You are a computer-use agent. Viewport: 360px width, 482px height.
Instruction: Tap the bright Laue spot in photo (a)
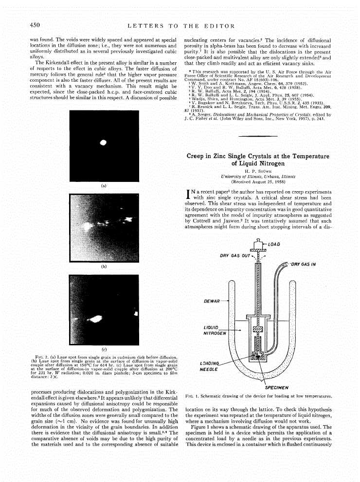click(x=103, y=143)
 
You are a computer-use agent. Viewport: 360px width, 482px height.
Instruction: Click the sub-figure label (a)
click(x=103, y=185)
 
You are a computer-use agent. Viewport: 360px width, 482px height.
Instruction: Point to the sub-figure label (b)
click(x=103, y=267)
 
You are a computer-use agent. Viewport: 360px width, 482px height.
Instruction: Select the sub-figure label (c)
click(x=103, y=349)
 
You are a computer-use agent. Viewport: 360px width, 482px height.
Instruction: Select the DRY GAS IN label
click(x=304, y=264)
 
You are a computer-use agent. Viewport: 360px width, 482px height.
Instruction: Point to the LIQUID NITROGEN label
click(x=215, y=330)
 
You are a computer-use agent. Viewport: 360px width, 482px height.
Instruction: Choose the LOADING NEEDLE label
click(x=210, y=366)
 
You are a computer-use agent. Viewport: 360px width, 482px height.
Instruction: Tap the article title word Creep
click(x=197, y=156)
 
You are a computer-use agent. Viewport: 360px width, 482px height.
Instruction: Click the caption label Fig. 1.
click(x=191, y=396)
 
